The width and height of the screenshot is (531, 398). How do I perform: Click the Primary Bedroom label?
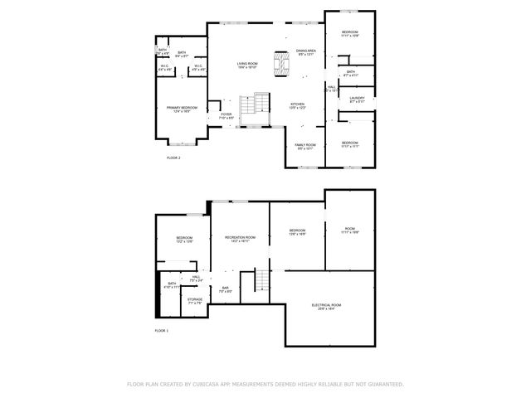tap(183, 109)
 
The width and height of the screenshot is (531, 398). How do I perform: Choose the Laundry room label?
tap(357, 99)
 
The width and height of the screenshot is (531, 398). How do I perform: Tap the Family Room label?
tap(304, 146)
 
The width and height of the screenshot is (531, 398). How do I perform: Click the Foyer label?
tap(226, 116)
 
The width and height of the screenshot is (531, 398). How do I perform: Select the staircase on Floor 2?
tap(256, 106)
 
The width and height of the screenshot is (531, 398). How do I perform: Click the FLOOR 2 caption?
tap(173, 157)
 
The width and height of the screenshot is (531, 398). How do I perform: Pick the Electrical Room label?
tap(323, 307)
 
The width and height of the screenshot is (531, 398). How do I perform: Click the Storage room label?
tap(194, 300)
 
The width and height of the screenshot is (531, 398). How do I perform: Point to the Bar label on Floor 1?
tap(224, 289)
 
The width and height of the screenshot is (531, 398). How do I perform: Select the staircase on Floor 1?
tap(261, 281)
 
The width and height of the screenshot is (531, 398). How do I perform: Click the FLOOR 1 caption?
tap(162, 331)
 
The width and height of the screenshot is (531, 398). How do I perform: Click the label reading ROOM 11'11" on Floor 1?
tap(349, 231)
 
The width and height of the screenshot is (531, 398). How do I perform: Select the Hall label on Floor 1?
tap(196, 278)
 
